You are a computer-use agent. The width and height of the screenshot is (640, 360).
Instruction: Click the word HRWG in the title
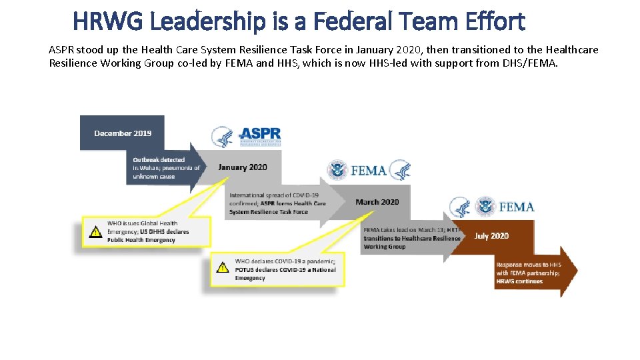coord(109,21)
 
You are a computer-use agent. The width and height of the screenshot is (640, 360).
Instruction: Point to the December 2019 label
coord(123,133)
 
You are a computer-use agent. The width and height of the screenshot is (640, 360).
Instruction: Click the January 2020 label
coord(242,167)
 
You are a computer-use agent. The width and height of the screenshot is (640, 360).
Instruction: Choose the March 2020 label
coord(377,202)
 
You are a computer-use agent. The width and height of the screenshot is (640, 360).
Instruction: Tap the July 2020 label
coord(491,235)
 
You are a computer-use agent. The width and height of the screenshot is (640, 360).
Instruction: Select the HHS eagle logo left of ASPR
coord(222,137)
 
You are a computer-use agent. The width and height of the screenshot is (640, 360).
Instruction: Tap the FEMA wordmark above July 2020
coord(516,207)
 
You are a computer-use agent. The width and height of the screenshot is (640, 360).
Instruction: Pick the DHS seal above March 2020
coord(337,171)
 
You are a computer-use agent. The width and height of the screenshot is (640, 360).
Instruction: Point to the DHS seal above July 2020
coord(485,207)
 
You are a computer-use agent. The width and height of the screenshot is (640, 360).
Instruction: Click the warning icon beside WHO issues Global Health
coord(95,232)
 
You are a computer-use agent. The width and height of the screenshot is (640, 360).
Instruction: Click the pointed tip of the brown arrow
coord(577,271)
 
